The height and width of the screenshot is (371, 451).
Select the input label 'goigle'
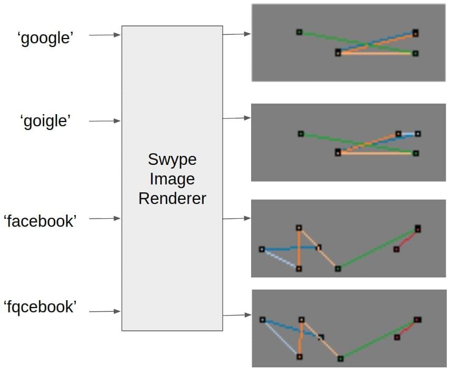[x=45, y=121]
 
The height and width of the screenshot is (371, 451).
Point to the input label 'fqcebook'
[x=40, y=307]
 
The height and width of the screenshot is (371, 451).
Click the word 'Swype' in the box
[x=172, y=159]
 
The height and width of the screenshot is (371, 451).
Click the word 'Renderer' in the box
[x=172, y=198]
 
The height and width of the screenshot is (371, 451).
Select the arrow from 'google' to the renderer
[x=104, y=35]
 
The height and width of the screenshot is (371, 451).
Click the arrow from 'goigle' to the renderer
[x=104, y=121]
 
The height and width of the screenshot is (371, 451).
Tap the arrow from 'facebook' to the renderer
[x=104, y=218]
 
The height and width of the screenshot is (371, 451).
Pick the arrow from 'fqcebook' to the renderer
[x=104, y=311]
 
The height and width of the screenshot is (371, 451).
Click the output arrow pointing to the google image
[x=236, y=34]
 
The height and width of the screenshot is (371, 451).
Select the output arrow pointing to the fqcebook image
[x=236, y=315]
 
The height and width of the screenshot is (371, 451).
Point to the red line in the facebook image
[x=407, y=239]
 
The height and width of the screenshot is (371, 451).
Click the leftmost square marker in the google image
[x=299, y=32]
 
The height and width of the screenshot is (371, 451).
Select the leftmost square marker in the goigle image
[x=301, y=134]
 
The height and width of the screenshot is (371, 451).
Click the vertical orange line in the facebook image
[x=299, y=248]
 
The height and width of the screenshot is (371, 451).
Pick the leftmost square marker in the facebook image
[x=262, y=249]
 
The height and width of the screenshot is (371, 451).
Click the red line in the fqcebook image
[x=407, y=329]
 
